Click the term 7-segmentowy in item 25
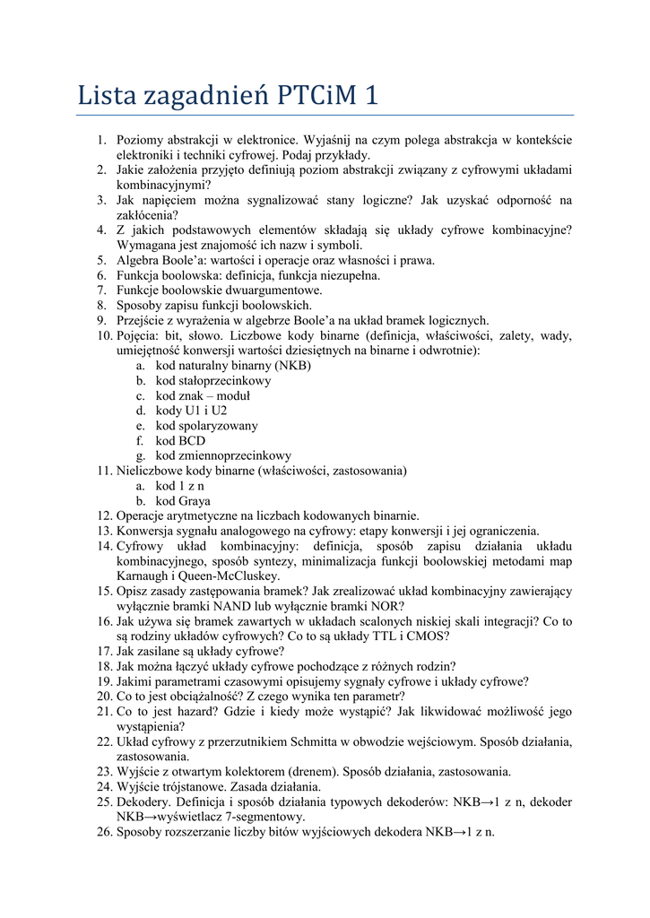[260, 817]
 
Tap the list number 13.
[104, 531]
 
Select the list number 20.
[104, 696]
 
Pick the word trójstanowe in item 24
[194, 786]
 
